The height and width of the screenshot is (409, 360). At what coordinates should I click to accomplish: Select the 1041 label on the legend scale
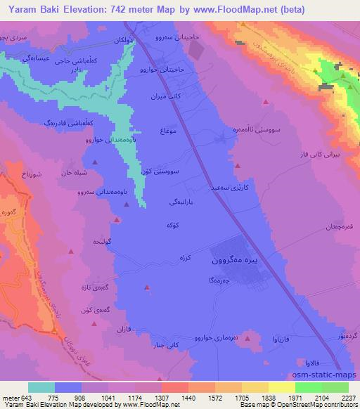[108, 396]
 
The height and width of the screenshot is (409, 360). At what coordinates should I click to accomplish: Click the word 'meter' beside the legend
[11, 396]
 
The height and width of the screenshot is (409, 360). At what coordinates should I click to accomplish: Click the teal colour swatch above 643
[41, 387]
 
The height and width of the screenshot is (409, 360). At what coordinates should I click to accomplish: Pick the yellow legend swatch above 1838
[281, 387]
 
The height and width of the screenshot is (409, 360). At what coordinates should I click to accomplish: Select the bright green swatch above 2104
[307, 387]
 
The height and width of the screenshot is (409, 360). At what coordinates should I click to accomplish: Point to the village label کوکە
[155, 225]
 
